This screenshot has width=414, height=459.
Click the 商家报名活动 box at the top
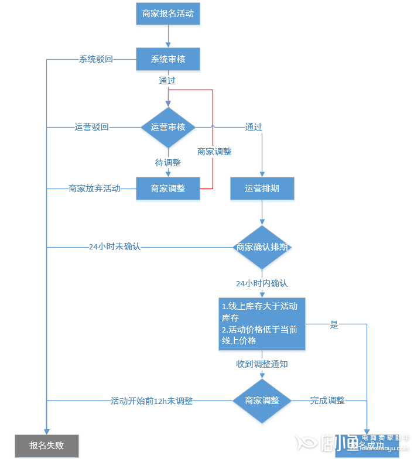coord(168,13)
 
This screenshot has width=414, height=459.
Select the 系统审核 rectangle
coord(168,59)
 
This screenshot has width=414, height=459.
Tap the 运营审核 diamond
coord(168,128)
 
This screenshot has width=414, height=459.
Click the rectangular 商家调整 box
coord(168,189)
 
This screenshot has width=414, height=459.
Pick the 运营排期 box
coord(262,189)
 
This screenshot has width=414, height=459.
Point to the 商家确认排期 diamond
coord(262,247)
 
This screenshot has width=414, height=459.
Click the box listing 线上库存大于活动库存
coord(262,324)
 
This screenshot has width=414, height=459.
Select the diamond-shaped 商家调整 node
coord(262,401)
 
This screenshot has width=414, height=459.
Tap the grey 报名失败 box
coord(47,446)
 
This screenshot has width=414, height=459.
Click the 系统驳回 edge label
coord(96,59)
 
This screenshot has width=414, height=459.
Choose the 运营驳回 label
coord(91,128)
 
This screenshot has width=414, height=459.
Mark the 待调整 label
coord(168,163)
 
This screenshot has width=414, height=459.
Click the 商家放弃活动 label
coord(94,189)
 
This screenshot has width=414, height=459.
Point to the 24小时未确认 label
coord(115,247)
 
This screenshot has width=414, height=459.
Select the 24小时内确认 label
coord(262,283)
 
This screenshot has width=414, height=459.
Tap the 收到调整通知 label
coord(262,364)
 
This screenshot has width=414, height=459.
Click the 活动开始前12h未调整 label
coord(152,401)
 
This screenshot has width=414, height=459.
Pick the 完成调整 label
coord(327,401)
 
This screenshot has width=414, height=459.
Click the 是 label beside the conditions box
coord(334,325)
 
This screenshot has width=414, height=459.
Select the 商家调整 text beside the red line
coord(214,152)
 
